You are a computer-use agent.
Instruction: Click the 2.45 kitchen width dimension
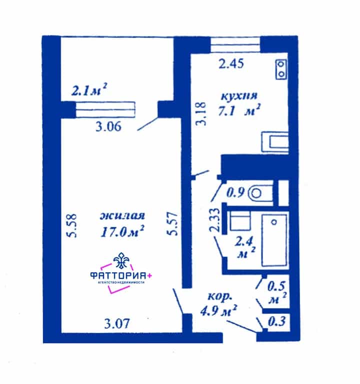tap(231, 64)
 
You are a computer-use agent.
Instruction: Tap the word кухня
tap(239, 96)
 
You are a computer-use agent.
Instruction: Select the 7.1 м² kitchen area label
tap(238, 111)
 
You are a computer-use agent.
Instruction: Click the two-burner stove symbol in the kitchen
tap(281, 69)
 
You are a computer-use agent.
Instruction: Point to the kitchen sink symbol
tap(275, 142)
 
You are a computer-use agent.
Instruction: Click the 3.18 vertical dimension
tap(201, 114)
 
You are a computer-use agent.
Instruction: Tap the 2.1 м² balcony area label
tap(89, 90)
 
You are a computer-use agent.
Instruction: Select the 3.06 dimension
tap(108, 127)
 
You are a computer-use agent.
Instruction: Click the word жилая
tap(122, 216)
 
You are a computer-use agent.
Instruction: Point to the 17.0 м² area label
tap(122, 231)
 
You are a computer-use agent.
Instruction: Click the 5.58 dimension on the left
tap(72, 226)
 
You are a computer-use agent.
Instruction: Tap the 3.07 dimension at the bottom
tap(117, 324)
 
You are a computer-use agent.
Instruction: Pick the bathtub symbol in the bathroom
tap(274, 240)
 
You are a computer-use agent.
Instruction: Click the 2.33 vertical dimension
tap(214, 220)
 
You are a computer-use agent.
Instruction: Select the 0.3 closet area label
tap(277, 321)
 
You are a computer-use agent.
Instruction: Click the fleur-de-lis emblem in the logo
tap(121, 261)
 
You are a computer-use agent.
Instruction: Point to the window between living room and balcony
tap(105, 110)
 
